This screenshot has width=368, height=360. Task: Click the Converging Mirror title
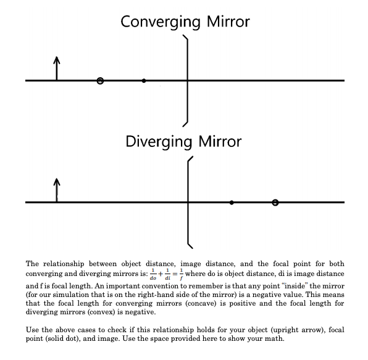click(185, 22)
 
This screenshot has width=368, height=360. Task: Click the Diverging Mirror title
click(184, 141)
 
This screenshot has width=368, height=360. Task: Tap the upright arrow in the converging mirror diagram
click(57, 68)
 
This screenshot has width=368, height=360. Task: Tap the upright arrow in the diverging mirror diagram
click(57, 190)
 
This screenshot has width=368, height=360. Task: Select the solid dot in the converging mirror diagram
click(144, 80)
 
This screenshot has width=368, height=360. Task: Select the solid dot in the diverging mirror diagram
click(232, 203)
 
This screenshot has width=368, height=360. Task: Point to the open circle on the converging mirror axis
click(101, 81)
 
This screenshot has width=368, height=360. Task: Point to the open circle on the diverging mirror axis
click(275, 203)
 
